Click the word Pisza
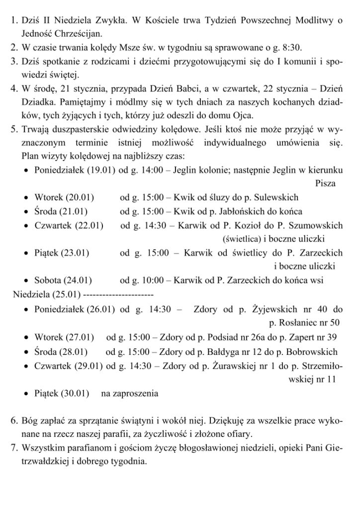tap(325, 183)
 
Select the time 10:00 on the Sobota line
tap(153, 280)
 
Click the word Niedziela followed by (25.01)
tap(31, 294)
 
